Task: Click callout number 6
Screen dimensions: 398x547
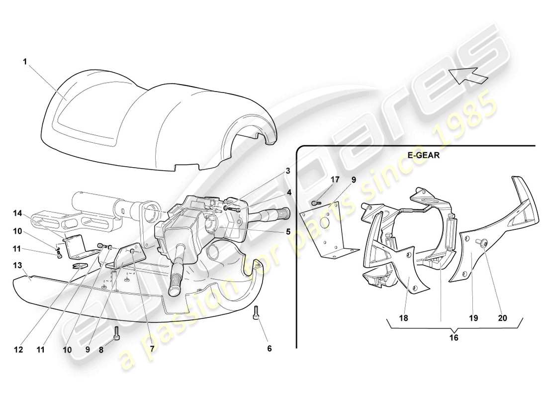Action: coord(269,349)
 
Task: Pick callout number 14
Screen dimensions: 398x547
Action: coord(18,213)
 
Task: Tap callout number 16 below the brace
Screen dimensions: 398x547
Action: coord(455,337)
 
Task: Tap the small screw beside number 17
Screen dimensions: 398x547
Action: coord(315,202)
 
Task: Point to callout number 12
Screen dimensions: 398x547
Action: coord(18,349)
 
